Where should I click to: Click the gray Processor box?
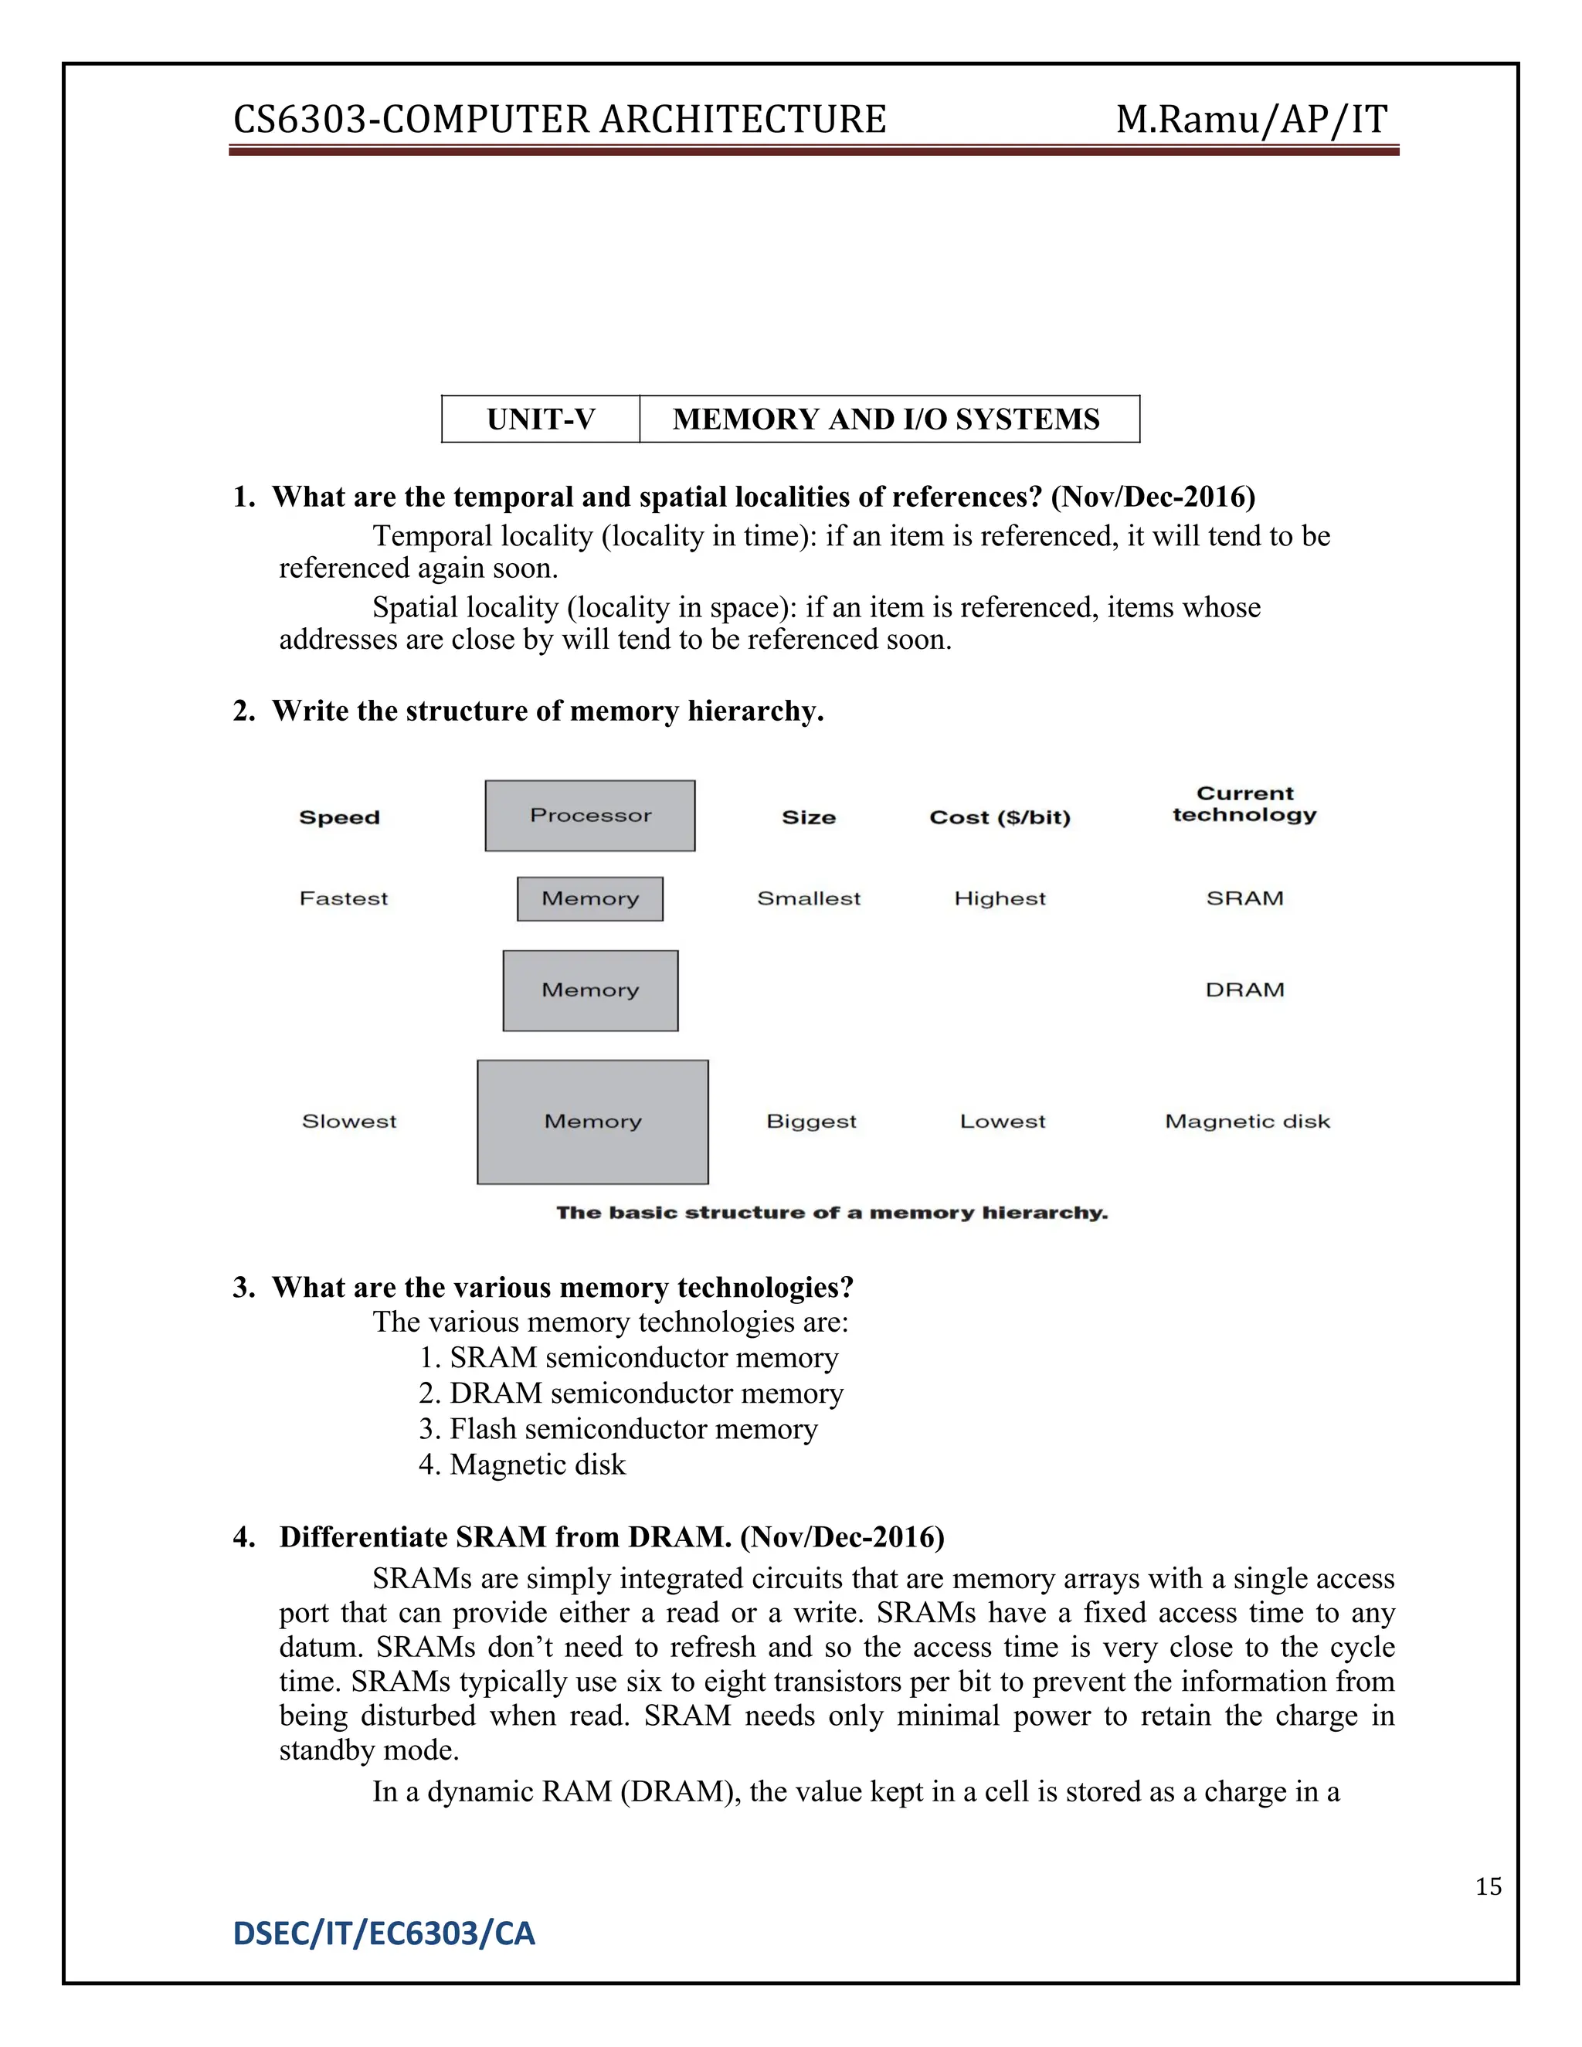(x=589, y=816)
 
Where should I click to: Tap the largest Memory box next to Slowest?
(x=592, y=1122)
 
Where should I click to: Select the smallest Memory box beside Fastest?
(x=589, y=899)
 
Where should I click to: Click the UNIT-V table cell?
(x=541, y=419)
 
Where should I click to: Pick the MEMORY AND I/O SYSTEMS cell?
(x=887, y=419)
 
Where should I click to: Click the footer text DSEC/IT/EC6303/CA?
(x=383, y=1933)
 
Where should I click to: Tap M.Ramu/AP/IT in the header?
(x=1251, y=120)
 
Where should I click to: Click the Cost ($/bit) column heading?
(x=999, y=817)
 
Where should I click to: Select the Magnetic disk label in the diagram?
(x=1247, y=1121)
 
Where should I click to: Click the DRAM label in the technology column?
(x=1244, y=990)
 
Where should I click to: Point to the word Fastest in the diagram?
(x=343, y=899)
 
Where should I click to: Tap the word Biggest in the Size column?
(x=810, y=1121)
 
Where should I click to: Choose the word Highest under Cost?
(x=999, y=899)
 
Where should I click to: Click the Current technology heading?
(x=1244, y=804)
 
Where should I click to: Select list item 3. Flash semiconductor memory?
(x=619, y=1428)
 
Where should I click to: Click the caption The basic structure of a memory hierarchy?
(x=831, y=1213)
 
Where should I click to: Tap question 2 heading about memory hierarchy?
(x=528, y=711)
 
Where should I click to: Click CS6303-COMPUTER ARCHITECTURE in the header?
(x=559, y=120)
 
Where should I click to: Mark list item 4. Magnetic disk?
(x=522, y=1464)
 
